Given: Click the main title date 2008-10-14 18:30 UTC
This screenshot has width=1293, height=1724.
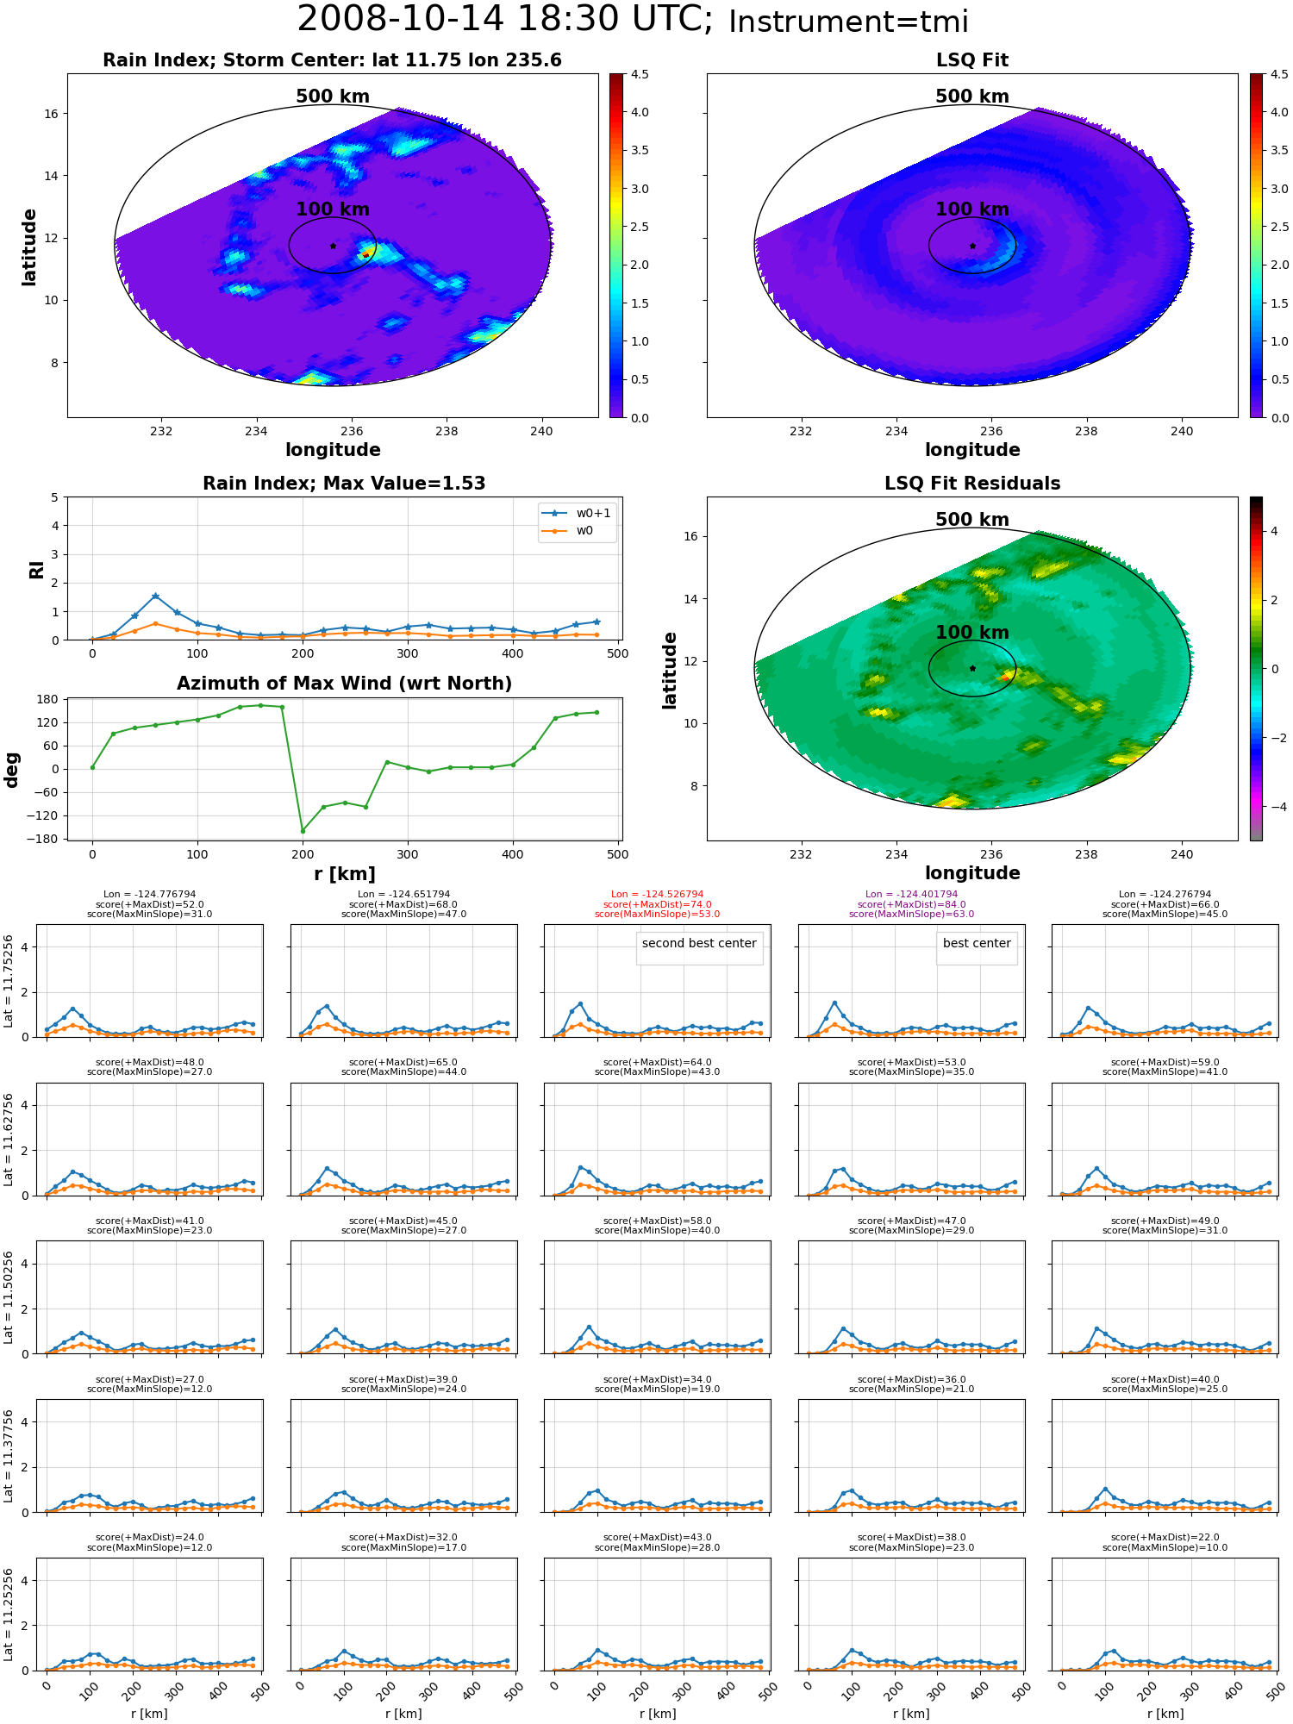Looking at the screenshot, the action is tap(504, 20).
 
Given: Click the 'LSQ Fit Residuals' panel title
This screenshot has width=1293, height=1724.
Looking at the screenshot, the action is tap(972, 484).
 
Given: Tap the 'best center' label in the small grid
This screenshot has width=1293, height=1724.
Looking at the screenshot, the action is tap(977, 943).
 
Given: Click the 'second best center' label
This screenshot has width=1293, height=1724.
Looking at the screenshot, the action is tap(699, 943).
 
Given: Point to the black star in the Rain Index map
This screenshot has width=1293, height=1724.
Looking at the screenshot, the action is tap(333, 246).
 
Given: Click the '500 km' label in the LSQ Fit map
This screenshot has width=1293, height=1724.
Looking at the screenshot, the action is tap(972, 97).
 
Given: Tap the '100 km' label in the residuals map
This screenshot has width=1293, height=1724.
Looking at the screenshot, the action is tap(972, 633).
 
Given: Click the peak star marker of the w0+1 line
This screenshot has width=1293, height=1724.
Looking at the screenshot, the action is tap(155, 596).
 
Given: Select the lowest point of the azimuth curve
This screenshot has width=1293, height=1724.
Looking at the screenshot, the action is tap(303, 831).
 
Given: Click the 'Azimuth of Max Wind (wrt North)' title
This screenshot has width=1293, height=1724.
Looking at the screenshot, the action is tap(344, 684).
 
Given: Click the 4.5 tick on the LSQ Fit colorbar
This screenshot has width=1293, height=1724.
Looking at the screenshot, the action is tap(1279, 75).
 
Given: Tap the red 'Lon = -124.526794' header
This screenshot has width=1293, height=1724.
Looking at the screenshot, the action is tap(658, 895).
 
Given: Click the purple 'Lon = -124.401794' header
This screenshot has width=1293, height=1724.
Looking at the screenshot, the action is tap(911, 895).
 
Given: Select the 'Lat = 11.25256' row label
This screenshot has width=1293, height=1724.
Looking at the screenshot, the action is tap(9, 1615).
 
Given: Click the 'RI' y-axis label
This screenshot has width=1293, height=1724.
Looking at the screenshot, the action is tap(37, 570).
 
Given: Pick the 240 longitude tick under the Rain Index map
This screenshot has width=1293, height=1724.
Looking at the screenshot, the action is tap(541, 431).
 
